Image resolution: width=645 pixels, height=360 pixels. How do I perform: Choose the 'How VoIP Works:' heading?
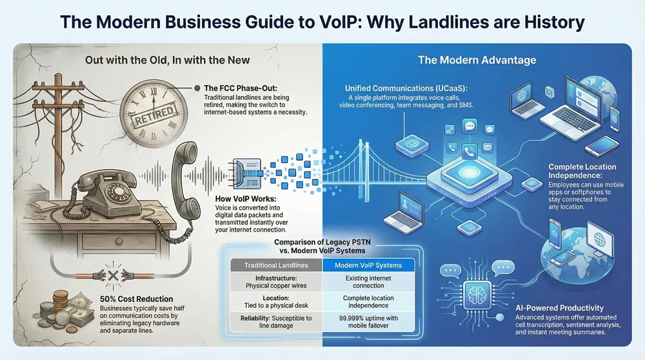pyautogui.click(x=238, y=200)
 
